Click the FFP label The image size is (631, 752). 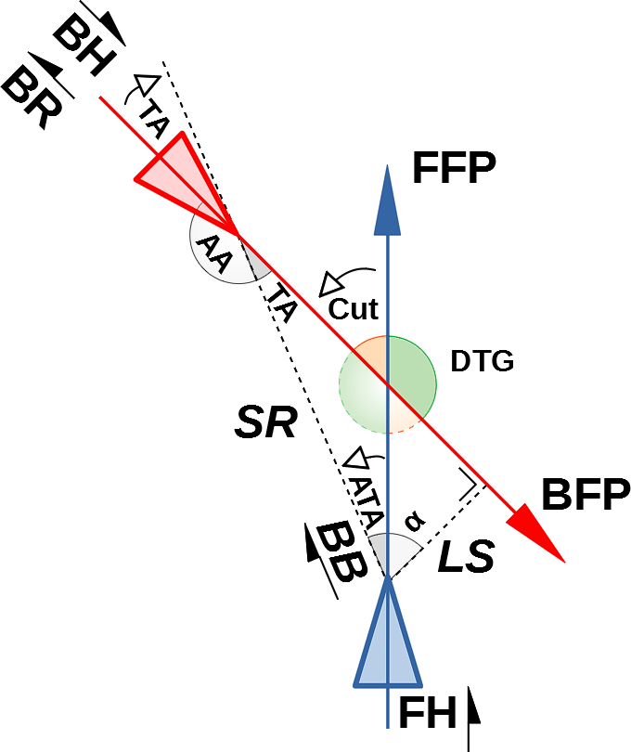click(455, 169)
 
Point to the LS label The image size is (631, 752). click(464, 557)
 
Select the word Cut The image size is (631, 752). click(354, 308)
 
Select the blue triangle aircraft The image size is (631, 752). click(387, 641)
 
